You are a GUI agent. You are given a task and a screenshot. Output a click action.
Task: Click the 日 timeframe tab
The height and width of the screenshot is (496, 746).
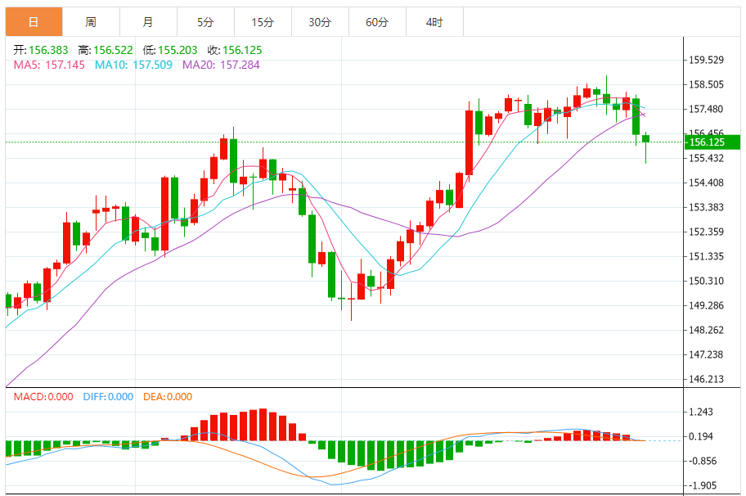33,22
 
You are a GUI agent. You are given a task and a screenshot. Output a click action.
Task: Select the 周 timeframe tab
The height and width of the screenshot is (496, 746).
90,22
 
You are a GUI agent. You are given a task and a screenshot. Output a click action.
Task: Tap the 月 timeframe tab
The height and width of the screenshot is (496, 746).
147,22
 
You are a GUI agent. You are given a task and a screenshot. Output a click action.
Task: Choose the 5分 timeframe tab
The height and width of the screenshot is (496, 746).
204,22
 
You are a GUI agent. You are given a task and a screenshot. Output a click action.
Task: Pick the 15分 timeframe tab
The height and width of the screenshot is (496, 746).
262,22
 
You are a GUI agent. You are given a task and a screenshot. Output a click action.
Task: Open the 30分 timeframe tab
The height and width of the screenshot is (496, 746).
320,22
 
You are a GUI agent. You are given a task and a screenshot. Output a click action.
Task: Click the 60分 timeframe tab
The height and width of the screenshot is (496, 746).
377,22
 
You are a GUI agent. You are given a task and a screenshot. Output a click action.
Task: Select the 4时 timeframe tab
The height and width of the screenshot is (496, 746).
434,22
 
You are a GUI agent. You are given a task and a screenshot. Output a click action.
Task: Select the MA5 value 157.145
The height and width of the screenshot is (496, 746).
65,65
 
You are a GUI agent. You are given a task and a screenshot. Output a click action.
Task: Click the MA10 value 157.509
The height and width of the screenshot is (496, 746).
152,65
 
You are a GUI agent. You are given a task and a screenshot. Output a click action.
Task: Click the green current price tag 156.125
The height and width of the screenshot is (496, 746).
708,142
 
